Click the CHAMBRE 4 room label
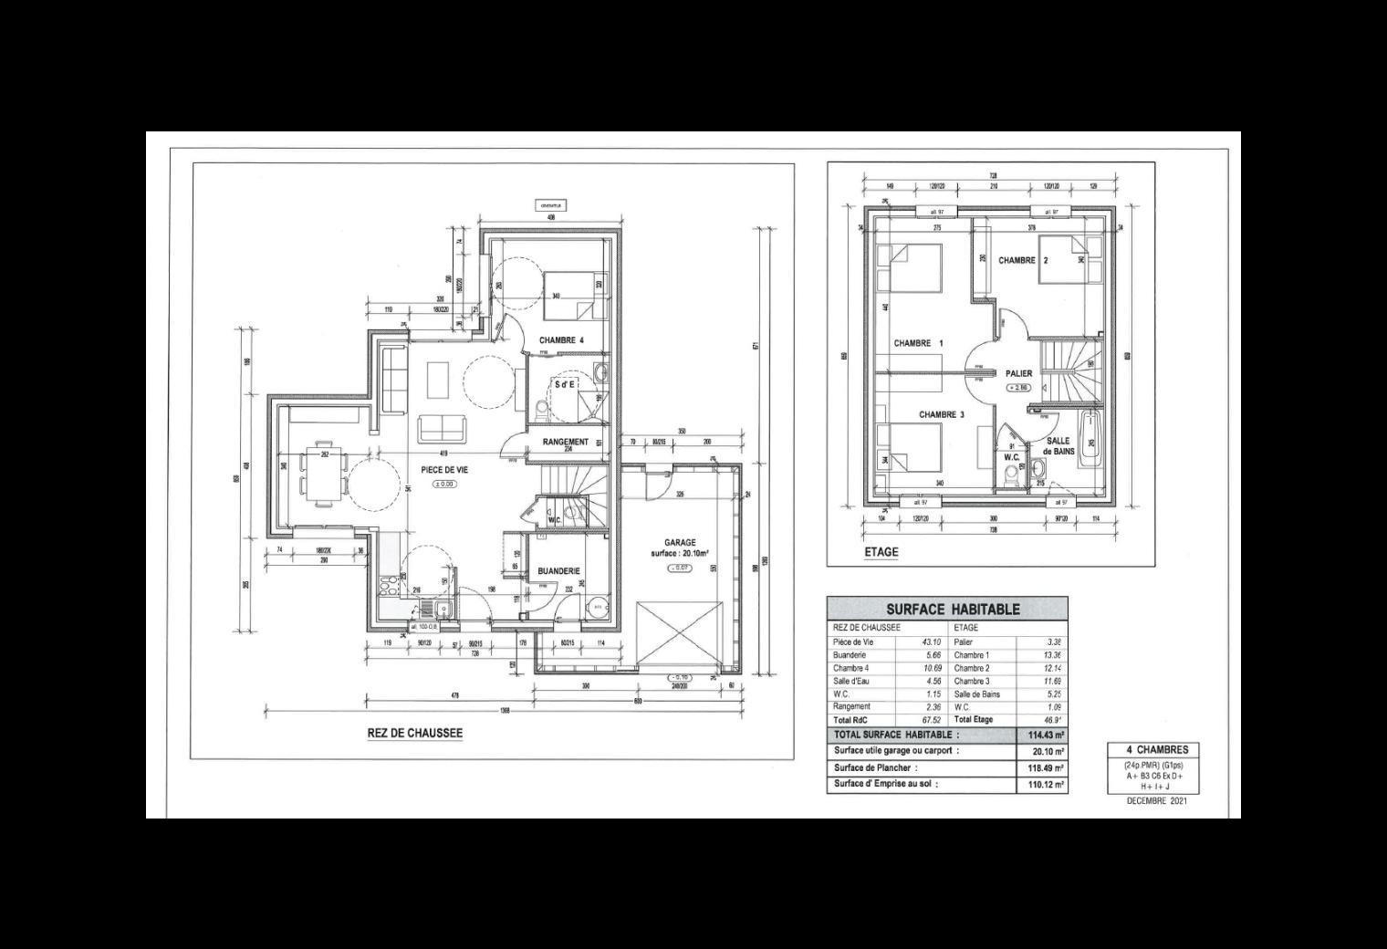(560, 340)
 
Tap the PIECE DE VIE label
(444, 469)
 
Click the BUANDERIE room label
(558, 571)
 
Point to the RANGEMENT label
(565, 442)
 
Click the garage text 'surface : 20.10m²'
(680, 554)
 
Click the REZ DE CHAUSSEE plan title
(414, 733)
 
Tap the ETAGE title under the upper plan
(881, 552)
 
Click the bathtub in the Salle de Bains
(1089, 441)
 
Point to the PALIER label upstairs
(1018, 373)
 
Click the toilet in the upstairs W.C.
(1011, 476)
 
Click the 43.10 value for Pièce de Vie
(931, 642)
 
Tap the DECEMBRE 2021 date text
(1156, 802)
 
